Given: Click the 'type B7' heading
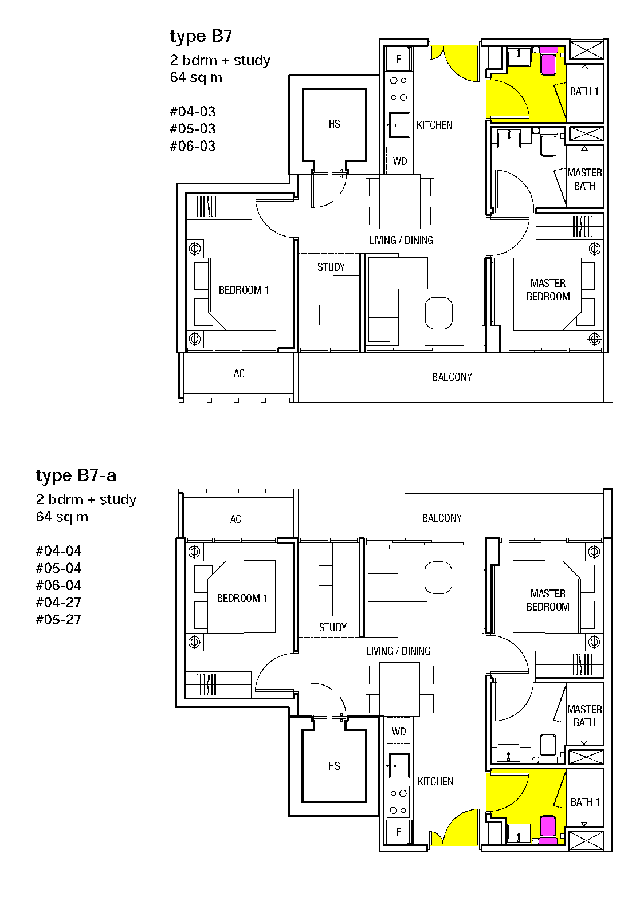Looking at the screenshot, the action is (x=201, y=37).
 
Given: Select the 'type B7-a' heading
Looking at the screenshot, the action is (x=76, y=476).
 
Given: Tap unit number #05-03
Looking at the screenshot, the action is (x=193, y=128).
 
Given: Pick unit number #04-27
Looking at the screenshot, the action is (x=58, y=602).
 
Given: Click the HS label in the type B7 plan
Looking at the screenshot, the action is (x=335, y=124).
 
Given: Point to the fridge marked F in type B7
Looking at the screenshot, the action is (x=398, y=59).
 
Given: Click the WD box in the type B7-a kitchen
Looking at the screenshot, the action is (x=398, y=731).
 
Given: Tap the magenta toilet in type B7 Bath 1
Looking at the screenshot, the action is (x=548, y=61).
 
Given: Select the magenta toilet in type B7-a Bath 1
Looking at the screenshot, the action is (x=548, y=830).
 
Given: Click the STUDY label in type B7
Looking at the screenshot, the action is (x=331, y=267).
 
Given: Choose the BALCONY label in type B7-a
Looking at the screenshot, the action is (x=442, y=518).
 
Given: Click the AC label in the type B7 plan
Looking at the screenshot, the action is (x=239, y=373).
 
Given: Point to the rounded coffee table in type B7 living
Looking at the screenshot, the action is (x=439, y=313).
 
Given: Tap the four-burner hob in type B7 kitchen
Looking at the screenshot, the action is (x=399, y=89).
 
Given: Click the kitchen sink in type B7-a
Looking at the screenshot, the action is (x=398, y=765).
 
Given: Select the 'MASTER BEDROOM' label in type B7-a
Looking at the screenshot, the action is (x=548, y=600).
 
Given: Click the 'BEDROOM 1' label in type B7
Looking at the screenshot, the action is (x=244, y=290).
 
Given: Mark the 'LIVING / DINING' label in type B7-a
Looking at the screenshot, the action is (x=398, y=651).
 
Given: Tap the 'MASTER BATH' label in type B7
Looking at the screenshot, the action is (x=585, y=179).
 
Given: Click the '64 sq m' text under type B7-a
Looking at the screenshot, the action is (x=62, y=517).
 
